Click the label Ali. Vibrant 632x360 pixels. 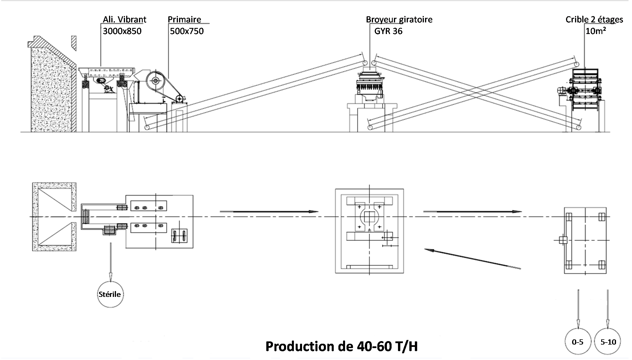[x=124, y=19]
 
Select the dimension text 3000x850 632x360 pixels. [x=122, y=31]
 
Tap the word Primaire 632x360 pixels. [x=184, y=19]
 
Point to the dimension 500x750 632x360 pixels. [x=187, y=31]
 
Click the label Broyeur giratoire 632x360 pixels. [x=399, y=19]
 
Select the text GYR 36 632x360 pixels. [x=388, y=31]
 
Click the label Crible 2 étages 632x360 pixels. [x=594, y=19]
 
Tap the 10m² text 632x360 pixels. [x=595, y=31]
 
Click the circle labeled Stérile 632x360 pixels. [x=110, y=294]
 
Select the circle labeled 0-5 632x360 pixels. [x=578, y=342]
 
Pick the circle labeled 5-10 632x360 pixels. [x=608, y=342]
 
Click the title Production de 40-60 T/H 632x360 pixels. [x=341, y=346]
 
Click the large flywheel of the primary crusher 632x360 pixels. [x=156, y=81]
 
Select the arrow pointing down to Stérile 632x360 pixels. [x=110, y=262]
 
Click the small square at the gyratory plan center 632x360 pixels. [x=369, y=217]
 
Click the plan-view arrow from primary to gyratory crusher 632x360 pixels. [x=269, y=212]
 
